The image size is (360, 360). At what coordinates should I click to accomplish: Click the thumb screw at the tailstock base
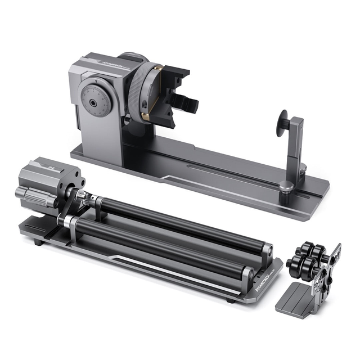coord(287,187)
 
